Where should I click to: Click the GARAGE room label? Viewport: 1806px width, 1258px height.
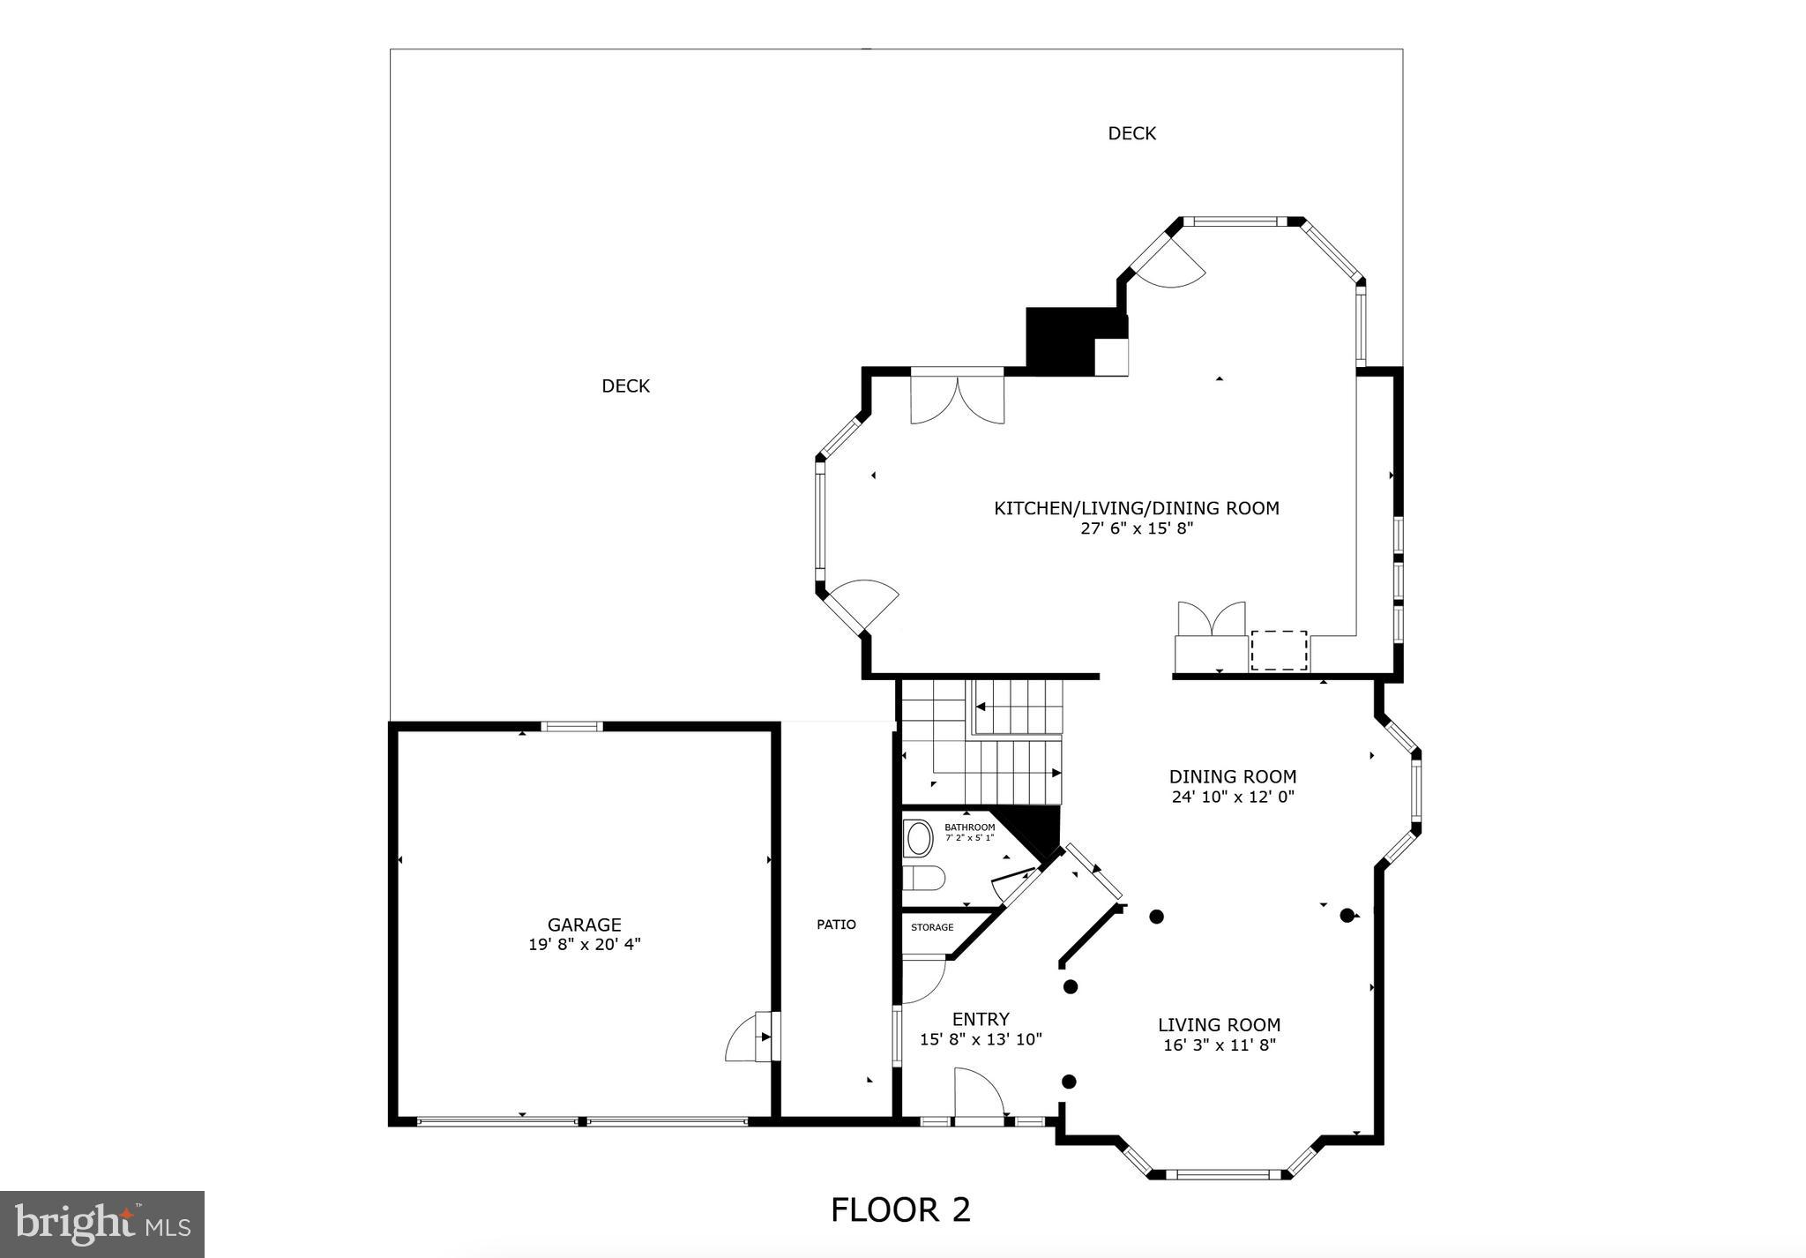tap(584, 925)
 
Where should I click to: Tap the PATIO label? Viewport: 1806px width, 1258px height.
tap(836, 925)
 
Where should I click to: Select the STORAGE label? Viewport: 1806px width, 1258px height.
tap(932, 927)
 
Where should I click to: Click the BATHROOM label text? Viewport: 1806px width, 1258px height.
tap(969, 827)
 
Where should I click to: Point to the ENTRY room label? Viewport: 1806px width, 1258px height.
tap(981, 1019)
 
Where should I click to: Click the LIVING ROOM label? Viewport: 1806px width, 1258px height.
tap(1219, 1025)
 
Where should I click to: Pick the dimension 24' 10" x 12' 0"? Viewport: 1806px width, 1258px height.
tap(1232, 797)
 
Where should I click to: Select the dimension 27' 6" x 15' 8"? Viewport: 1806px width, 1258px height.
tap(1136, 528)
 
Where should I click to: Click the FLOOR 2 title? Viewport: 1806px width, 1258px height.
tap(900, 1209)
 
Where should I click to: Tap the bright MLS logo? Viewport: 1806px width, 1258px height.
tap(102, 1224)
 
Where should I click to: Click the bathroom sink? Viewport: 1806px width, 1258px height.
tap(919, 839)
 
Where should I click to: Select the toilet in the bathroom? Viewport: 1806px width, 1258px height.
tap(924, 878)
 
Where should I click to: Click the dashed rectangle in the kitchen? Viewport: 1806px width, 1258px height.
tap(1279, 650)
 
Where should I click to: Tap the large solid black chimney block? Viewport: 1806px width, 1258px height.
tap(1059, 340)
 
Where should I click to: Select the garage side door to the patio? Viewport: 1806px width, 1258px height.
tap(751, 1037)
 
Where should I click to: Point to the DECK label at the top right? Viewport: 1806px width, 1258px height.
tap(1131, 133)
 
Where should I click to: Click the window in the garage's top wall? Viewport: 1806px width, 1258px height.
tap(571, 726)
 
